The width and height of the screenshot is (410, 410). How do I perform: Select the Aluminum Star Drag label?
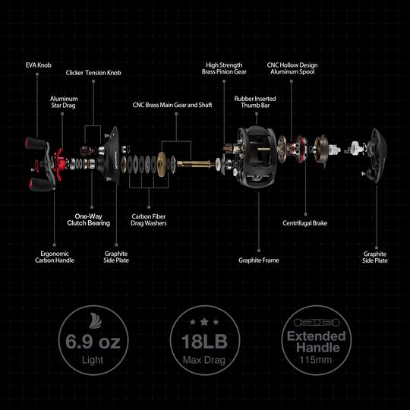coord(64,102)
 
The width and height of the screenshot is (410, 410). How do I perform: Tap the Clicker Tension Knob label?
coord(93,73)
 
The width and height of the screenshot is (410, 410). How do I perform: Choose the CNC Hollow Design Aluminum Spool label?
coord(292,69)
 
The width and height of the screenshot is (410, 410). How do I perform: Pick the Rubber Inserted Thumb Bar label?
coord(255,102)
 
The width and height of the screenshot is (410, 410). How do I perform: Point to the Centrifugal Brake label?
coord(304,223)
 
